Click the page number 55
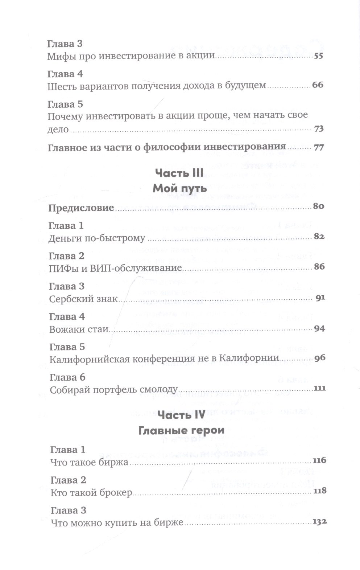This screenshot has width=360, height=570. (x=318, y=56)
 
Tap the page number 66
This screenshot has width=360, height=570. (x=318, y=85)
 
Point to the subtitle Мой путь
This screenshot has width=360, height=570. (x=179, y=188)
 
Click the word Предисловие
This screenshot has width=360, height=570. (x=81, y=208)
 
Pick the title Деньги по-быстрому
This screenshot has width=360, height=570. (x=97, y=238)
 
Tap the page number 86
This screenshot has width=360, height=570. (x=319, y=267)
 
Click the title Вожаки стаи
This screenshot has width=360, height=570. (x=79, y=329)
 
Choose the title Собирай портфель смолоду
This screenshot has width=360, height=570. (x=113, y=390)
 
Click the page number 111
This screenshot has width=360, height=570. (x=320, y=388)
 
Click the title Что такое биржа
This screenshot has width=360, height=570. (x=90, y=463)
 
